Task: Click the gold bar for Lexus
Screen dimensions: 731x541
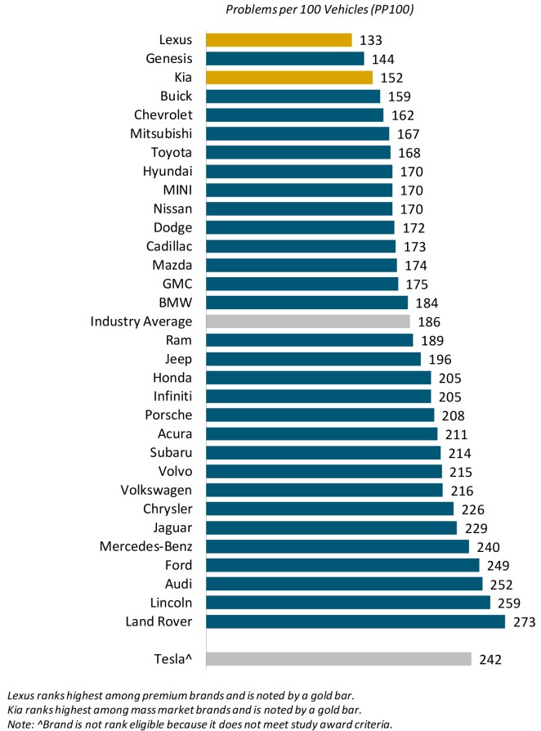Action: click(279, 40)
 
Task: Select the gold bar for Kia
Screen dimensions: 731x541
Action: click(289, 78)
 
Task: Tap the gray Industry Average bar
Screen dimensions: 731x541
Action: click(308, 321)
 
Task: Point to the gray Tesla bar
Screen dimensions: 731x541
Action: click(338, 659)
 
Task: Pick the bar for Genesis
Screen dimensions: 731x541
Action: click(284, 59)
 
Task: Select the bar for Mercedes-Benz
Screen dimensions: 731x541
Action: click(338, 547)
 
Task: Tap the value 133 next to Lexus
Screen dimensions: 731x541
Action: click(370, 40)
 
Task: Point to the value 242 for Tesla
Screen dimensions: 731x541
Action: click(490, 659)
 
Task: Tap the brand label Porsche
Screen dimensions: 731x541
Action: click(168, 415)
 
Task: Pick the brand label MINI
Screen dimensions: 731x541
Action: click(177, 191)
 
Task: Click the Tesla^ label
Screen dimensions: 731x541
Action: click(173, 659)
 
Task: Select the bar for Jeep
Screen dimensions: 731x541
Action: click(313, 359)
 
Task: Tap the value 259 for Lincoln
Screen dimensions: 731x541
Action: click(508, 603)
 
